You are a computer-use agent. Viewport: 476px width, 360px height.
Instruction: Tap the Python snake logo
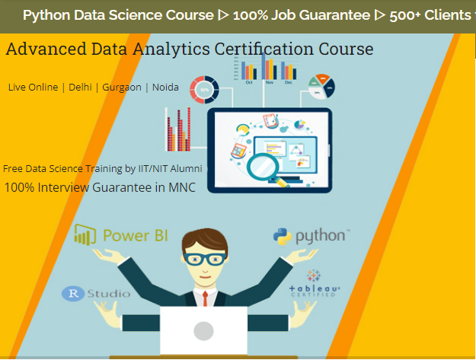coord(284,236)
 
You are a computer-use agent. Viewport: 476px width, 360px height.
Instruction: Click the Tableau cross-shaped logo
coord(314,276)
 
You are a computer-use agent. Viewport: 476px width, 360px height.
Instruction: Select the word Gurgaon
coord(121,88)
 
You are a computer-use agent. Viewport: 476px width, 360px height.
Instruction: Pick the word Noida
coord(165,88)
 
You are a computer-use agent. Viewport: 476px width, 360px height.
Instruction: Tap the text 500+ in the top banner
coord(401,14)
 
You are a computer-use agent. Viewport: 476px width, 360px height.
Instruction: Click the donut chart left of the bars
coord(204,90)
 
